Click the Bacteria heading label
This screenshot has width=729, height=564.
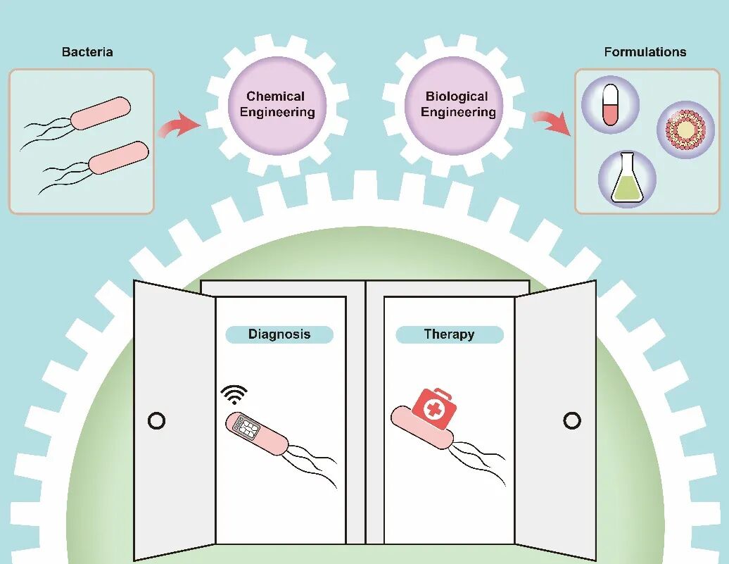(87, 52)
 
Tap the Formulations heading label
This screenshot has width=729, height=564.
(645, 52)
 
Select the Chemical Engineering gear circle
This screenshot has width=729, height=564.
(277, 105)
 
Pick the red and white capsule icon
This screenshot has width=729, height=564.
(610, 104)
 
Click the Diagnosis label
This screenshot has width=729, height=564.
(279, 334)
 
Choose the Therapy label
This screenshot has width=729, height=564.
(449, 334)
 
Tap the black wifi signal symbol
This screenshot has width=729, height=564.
(234, 395)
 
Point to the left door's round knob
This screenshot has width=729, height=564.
(157, 421)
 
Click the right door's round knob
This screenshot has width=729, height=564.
(572, 421)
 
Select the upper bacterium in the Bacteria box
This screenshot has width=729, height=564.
(101, 113)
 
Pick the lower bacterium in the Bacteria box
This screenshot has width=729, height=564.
(118, 157)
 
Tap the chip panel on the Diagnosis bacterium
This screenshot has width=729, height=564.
(248, 425)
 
